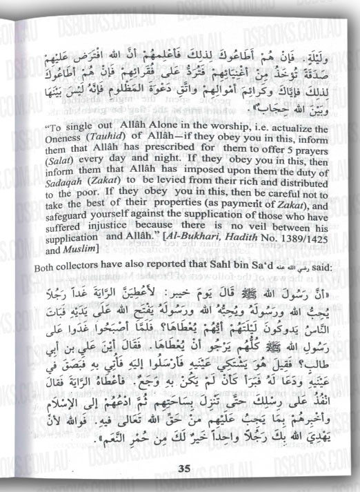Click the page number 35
(x=184, y=470)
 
